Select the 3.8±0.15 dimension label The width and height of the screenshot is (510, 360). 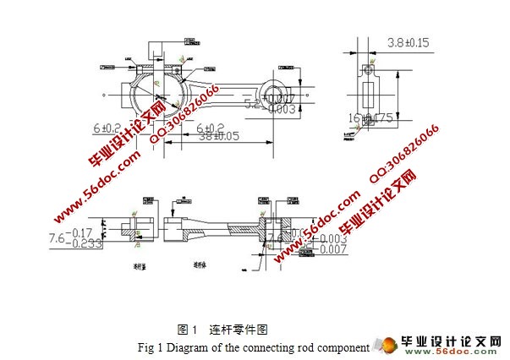click(407, 41)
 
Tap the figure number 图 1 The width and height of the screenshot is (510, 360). click(187, 330)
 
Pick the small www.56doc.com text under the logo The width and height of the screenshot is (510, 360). click(458, 352)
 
